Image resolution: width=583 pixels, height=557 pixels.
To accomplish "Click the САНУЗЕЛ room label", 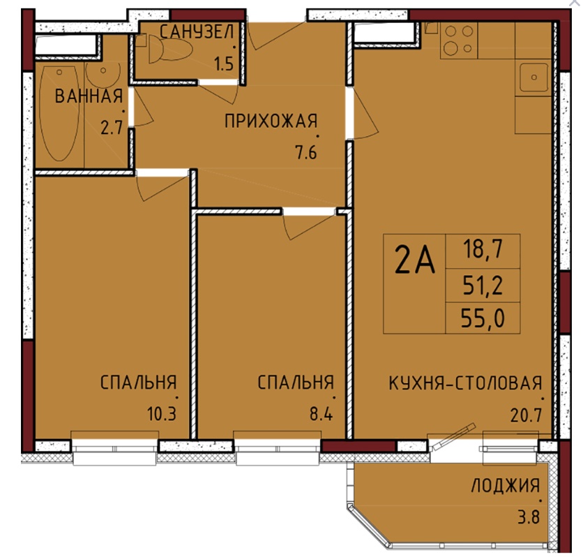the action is pos(197,32).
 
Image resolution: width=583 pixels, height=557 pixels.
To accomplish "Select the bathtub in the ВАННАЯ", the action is pos(59,113).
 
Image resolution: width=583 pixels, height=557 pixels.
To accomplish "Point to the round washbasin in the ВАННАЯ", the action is pos(103,75).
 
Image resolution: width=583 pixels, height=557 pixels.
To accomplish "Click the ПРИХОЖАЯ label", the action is pos(271,121).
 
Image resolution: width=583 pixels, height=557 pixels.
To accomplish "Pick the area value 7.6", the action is pos(306,152).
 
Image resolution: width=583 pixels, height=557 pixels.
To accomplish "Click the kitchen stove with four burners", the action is pos(459,40).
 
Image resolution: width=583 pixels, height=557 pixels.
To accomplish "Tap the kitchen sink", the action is pos(533,77).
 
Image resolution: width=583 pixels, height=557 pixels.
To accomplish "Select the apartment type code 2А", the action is pos(414,260).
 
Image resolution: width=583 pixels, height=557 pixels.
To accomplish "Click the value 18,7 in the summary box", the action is pos(483,249).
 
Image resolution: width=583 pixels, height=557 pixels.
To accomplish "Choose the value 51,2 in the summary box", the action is pos(483,285).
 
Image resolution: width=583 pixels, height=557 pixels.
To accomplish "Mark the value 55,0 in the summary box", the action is pos(483,318).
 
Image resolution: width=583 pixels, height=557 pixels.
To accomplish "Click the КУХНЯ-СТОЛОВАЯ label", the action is pos(465,383).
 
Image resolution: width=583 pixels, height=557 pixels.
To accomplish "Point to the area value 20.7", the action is pos(526,415).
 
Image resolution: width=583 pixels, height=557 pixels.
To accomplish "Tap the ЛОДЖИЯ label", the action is pos(506,486).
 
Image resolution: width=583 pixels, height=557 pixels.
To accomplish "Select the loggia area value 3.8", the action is pos(529,517).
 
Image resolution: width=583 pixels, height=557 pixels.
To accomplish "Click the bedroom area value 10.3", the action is pos(161,414).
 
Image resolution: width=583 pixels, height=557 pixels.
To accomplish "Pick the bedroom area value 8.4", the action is pos(321,414).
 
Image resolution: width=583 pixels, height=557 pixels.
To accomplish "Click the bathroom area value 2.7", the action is pos(112,128).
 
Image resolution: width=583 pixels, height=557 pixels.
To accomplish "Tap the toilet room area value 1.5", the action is pos(223,64).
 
